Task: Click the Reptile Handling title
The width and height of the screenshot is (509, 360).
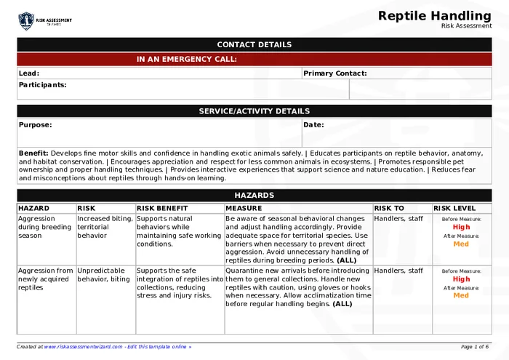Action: (x=435, y=16)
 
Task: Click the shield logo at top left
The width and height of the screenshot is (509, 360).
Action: (x=26, y=20)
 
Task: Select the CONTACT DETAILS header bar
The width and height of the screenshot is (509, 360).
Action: (x=254, y=44)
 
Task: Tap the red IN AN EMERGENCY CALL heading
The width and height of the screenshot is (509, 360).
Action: (x=186, y=60)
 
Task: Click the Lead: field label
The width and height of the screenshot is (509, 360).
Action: (x=29, y=73)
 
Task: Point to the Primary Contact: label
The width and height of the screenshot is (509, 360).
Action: (x=334, y=73)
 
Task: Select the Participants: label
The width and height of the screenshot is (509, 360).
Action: (x=42, y=85)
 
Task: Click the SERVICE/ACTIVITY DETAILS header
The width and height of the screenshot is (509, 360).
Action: (x=254, y=111)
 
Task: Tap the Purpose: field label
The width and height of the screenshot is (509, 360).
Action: (x=35, y=125)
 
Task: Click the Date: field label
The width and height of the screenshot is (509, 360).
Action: (x=313, y=125)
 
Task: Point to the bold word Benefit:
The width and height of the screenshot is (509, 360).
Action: (x=33, y=153)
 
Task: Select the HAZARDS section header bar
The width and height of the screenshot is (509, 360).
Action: (x=254, y=196)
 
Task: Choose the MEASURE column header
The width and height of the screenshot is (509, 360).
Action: (x=244, y=209)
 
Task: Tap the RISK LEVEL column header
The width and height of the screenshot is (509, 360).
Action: (x=454, y=209)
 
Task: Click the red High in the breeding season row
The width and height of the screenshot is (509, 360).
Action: (x=461, y=227)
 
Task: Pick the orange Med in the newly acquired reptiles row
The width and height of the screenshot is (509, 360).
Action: (x=461, y=296)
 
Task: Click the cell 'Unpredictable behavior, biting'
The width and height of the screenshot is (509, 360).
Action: (x=105, y=275)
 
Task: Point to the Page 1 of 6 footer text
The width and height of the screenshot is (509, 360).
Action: (x=475, y=347)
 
